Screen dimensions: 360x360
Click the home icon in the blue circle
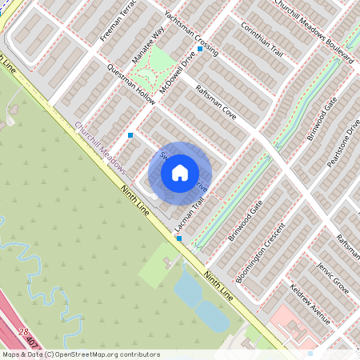pyautogui.click(x=180, y=172)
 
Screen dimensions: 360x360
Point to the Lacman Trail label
pyautogui.click(x=186, y=217)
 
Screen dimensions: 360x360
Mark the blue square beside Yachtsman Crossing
pyautogui.click(x=200, y=49)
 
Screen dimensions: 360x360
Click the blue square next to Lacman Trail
pyautogui.click(x=179, y=238)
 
